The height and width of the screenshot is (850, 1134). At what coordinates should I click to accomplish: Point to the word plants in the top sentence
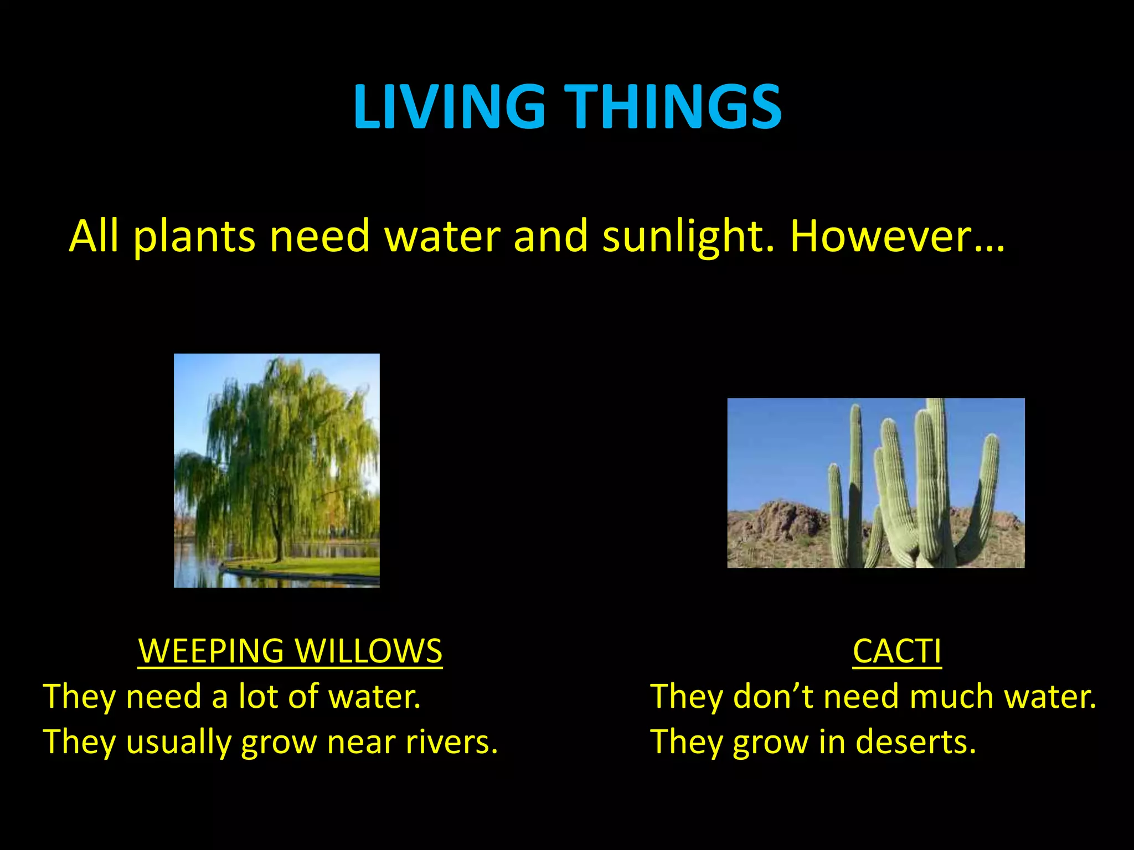(x=194, y=236)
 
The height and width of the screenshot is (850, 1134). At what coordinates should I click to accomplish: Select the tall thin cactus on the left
(x=855, y=476)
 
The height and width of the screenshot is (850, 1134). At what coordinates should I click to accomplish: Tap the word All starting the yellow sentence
(x=94, y=236)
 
